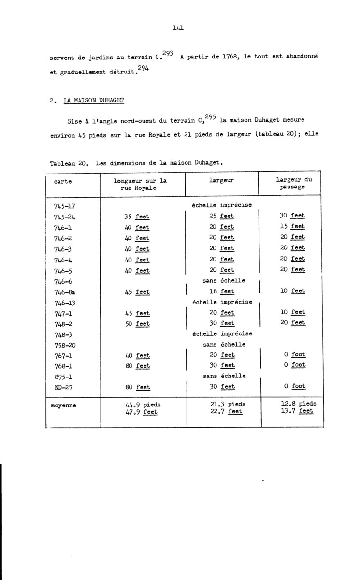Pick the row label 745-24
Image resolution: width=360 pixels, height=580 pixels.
pos(64,216)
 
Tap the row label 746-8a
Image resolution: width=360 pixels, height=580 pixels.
pos(64,291)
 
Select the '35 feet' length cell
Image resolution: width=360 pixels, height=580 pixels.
pos(137,216)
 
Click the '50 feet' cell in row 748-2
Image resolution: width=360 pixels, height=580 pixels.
pos(137,323)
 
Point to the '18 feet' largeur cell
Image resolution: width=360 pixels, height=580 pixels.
pos(222,291)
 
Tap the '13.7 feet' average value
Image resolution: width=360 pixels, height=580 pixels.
pos(297,411)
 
